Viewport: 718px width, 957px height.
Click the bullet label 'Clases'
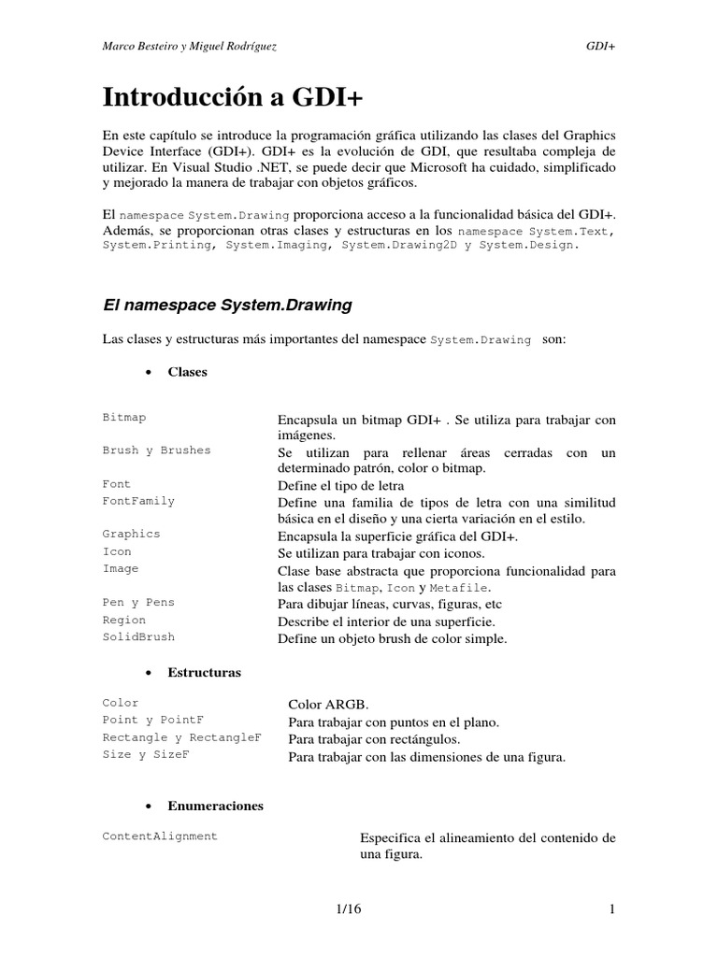point(187,372)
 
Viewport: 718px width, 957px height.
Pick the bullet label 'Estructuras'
point(204,673)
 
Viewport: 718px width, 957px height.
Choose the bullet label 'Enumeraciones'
point(215,806)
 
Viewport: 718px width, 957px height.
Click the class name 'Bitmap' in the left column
point(124,418)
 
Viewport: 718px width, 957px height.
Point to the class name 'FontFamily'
point(138,501)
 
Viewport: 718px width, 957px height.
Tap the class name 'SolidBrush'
point(138,636)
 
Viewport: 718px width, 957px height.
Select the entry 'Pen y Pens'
point(138,603)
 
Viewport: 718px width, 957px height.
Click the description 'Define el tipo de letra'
point(340,486)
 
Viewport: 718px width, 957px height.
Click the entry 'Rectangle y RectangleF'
point(181,737)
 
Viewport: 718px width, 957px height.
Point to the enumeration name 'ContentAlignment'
point(160,836)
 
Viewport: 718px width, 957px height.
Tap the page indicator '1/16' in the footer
point(359,909)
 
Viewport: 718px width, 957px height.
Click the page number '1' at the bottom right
point(611,909)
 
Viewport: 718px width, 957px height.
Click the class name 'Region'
point(124,620)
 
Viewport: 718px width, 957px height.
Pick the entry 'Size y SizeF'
point(146,754)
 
